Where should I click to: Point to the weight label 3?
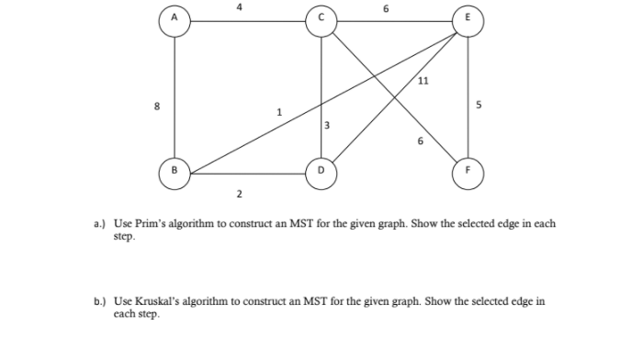tap(326, 126)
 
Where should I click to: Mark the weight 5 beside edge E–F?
tap(478, 106)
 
